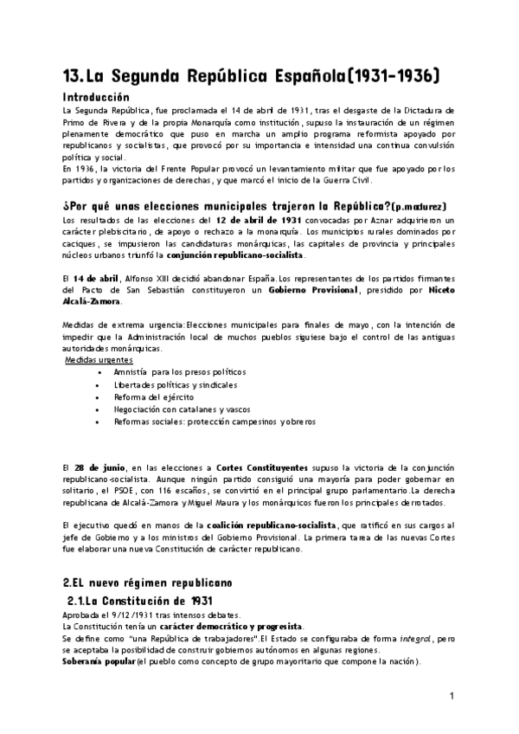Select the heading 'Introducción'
pyautogui.click(x=96, y=98)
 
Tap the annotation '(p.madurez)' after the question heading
pyautogui.click(x=419, y=208)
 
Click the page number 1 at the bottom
pyautogui.click(x=452, y=697)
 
